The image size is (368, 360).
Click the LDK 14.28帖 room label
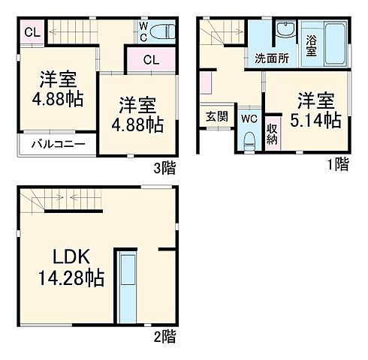[x=72, y=267]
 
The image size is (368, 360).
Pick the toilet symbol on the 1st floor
[x=249, y=140]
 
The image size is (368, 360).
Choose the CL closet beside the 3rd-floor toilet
[x=149, y=60]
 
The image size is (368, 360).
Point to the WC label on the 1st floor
[x=249, y=118]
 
